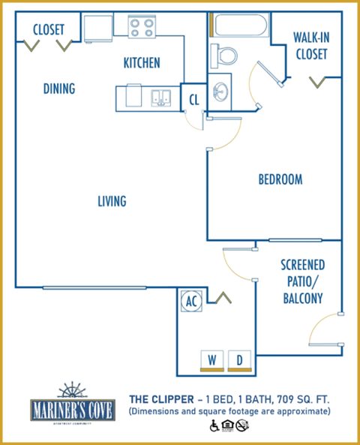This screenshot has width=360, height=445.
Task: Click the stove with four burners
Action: point(141,28)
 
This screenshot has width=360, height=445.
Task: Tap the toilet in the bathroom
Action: point(224,54)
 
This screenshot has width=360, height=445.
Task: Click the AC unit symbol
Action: point(191,301)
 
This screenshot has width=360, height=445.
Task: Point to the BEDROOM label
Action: point(280,179)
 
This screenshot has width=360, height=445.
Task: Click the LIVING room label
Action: point(112,201)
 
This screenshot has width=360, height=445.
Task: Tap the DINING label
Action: point(59,89)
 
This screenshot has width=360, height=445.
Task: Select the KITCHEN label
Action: point(142,63)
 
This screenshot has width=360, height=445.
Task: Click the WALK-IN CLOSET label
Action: point(309,47)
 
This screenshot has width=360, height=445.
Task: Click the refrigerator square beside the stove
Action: point(98,29)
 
